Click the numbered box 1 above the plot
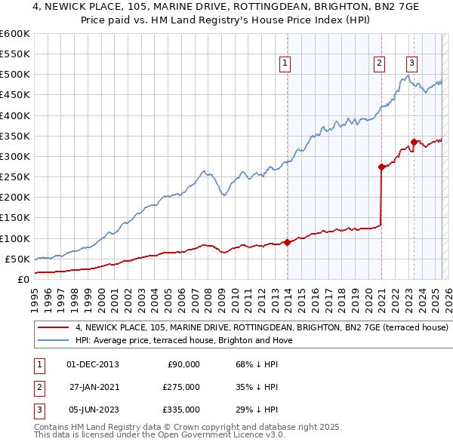(x=285, y=64)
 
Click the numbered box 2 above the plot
(x=378, y=64)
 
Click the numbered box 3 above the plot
(x=411, y=64)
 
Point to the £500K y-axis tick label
(x=15, y=75)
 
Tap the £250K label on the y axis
(x=15, y=177)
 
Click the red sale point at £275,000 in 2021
(x=381, y=167)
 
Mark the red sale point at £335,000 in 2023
(x=414, y=142)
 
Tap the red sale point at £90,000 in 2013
(x=287, y=242)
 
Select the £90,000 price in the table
(x=183, y=364)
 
